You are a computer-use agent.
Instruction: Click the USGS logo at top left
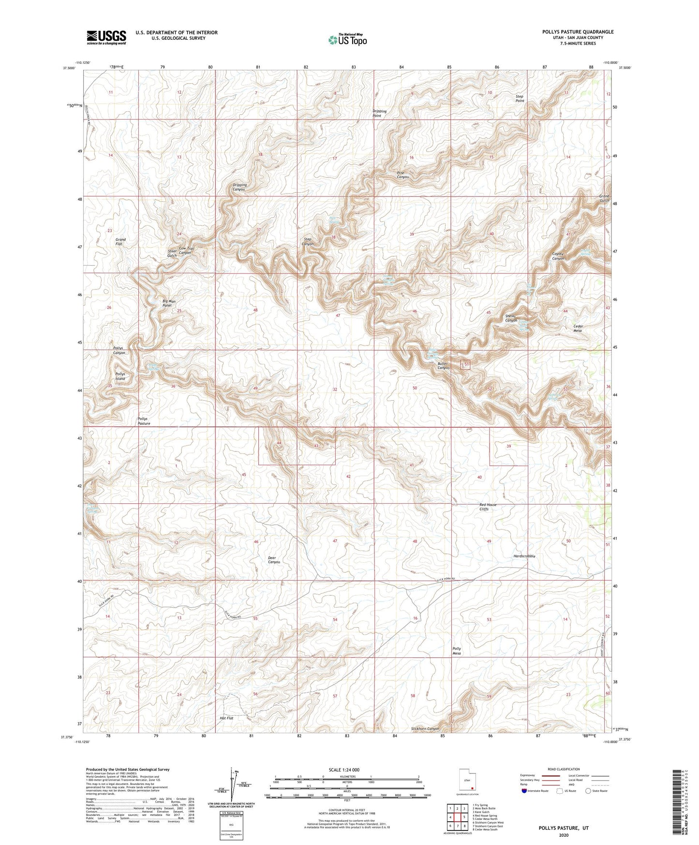click(106, 37)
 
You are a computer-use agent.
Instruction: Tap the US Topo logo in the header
click(347, 40)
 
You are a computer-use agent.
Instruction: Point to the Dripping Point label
click(379, 114)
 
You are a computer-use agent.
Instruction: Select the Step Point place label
click(519, 99)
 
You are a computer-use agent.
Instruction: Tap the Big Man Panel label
click(169, 303)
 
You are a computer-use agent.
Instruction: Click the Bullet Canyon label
click(443, 366)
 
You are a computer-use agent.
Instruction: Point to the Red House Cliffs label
click(488, 507)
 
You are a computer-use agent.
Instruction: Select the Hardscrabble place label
click(524, 557)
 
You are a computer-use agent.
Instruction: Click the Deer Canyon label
click(274, 560)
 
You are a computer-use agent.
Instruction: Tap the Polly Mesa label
click(456, 651)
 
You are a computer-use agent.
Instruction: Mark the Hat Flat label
click(226, 718)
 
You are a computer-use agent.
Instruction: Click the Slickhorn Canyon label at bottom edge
click(425, 729)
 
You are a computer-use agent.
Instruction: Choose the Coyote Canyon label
click(558, 256)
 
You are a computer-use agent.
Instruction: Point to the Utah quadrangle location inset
click(467, 782)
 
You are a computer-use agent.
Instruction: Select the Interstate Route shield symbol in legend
click(525, 791)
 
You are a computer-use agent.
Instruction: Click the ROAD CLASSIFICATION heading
click(564, 769)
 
